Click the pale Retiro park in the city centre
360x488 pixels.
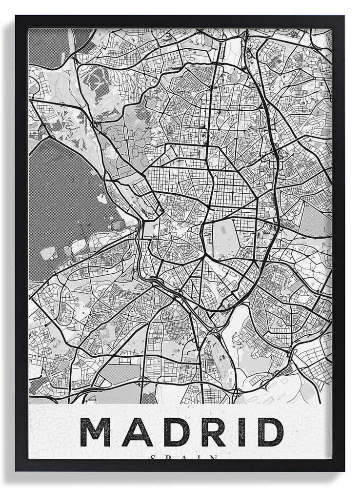(225, 239)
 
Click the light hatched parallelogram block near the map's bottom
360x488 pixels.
(120, 373)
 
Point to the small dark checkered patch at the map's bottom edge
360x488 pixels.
(149, 398)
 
